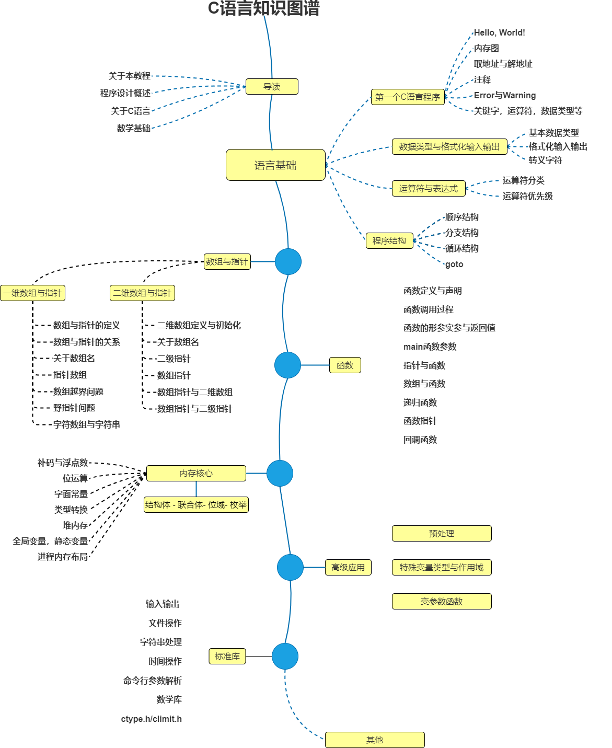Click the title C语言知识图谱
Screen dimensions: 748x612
pyautogui.click(x=263, y=8)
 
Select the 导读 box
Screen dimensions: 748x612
pyautogui.click(x=272, y=86)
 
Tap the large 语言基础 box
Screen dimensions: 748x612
pyautogui.click(x=275, y=165)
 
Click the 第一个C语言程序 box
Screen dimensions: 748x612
pyautogui.click(x=408, y=97)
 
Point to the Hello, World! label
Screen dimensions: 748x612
pyautogui.click(x=499, y=32)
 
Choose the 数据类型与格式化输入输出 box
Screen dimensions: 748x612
pyautogui.click(x=449, y=146)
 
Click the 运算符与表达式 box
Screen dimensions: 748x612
pyautogui.click(x=429, y=188)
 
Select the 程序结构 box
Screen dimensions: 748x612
pyautogui.click(x=389, y=240)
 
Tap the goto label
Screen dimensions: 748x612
pyautogui.click(x=454, y=264)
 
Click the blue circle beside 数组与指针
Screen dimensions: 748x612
pyautogui.click(x=288, y=261)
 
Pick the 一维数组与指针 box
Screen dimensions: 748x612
pyautogui.click(x=32, y=293)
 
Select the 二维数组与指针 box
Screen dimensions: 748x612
pyautogui.click(x=142, y=293)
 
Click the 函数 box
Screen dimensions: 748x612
pyautogui.click(x=345, y=365)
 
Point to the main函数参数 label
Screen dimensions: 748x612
pyautogui.click(x=430, y=347)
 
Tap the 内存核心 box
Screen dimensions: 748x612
pyautogui.click(x=196, y=473)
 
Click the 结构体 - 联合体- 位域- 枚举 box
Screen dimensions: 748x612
pyautogui.click(x=196, y=504)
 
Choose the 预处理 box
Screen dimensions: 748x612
pyautogui.click(x=442, y=533)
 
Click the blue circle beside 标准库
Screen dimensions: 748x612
pyautogui.click(x=285, y=656)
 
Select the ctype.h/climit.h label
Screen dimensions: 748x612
pyautogui.click(x=152, y=719)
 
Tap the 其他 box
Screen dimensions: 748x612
pyautogui.click(x=375, y=740)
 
